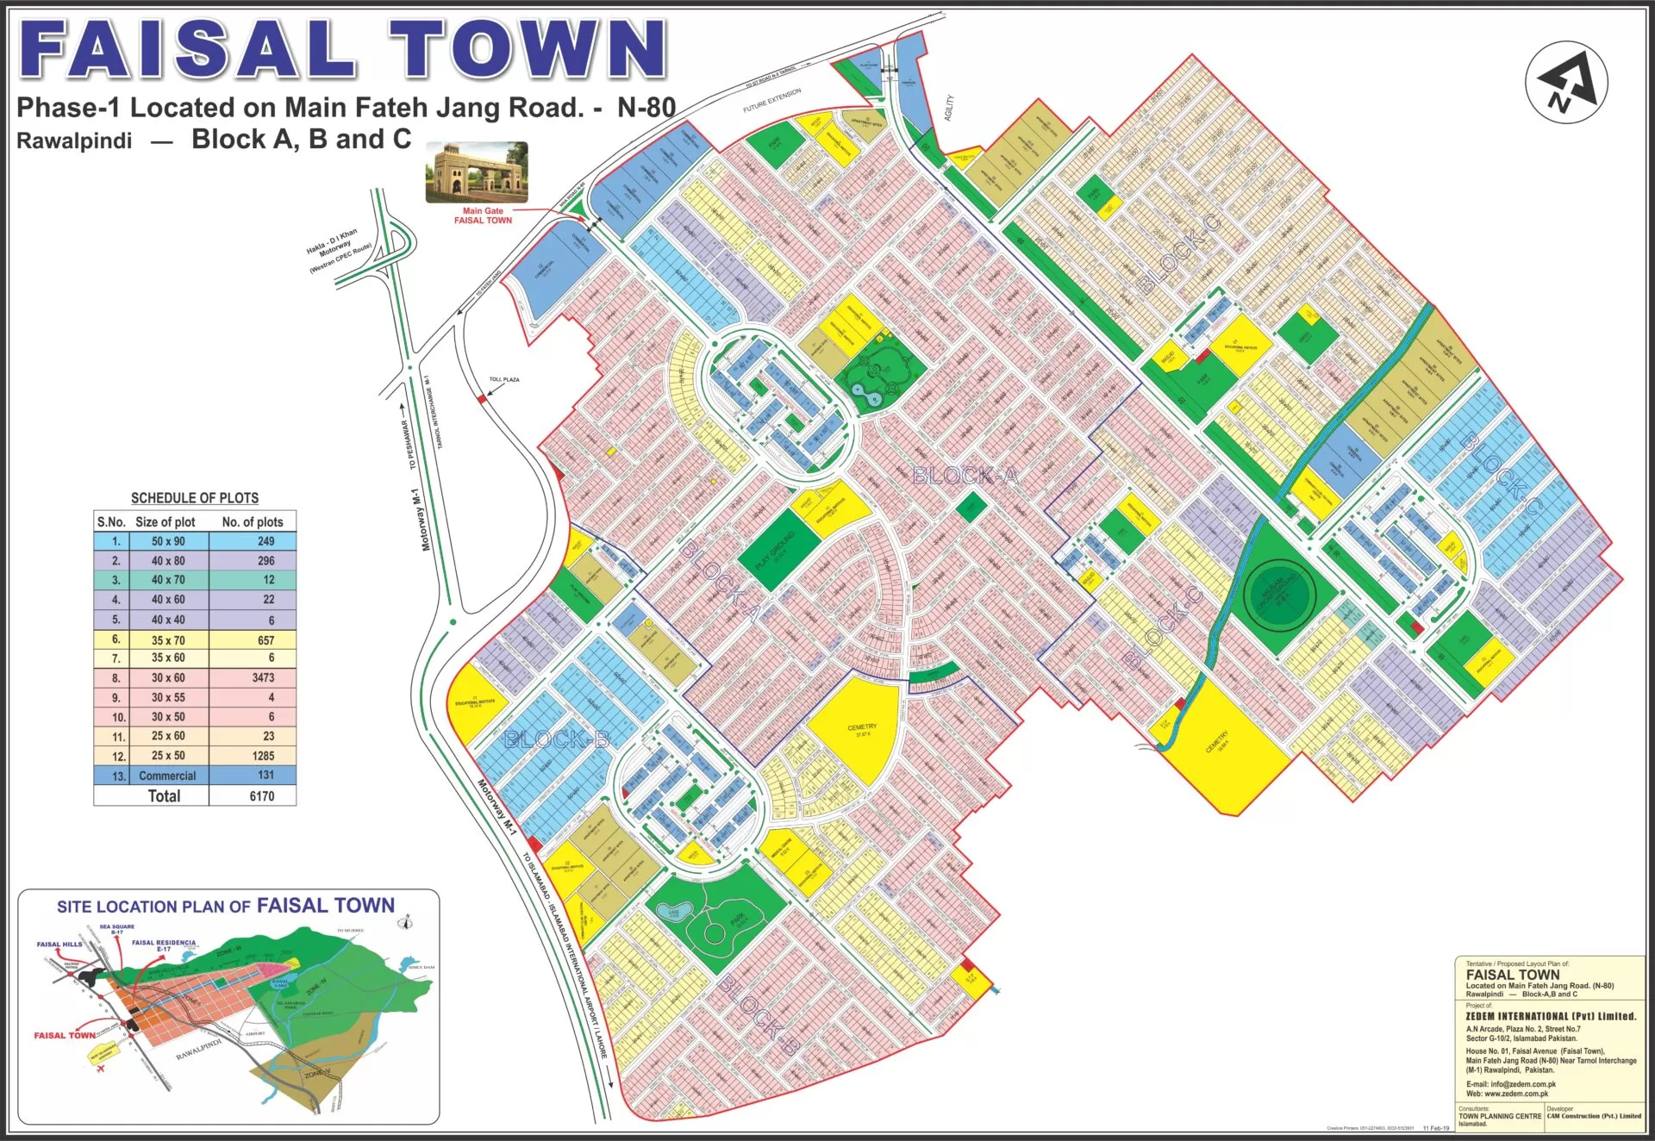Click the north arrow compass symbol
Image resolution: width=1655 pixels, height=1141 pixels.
1566,84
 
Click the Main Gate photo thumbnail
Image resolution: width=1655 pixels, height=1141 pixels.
477,172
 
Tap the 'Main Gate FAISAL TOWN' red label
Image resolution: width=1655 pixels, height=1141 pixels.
483,215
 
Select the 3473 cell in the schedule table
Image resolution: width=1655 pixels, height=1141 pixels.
263,678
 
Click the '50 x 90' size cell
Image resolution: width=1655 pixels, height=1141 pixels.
168,541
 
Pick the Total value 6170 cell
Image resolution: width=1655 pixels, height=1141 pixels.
261,796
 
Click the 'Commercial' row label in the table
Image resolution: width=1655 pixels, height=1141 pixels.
167,776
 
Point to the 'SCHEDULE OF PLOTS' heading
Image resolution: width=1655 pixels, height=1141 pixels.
195,498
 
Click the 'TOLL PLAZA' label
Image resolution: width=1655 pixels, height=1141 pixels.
504,379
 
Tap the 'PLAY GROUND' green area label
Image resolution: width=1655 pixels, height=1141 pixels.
775,551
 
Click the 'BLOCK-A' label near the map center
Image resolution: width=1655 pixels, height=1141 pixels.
965,475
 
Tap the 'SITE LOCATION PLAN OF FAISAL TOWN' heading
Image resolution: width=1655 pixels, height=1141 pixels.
226,906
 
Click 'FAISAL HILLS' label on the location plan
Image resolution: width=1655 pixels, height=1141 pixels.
59,944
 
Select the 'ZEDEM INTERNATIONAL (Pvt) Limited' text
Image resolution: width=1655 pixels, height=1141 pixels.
1550,1016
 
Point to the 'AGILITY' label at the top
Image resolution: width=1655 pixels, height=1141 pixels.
949,108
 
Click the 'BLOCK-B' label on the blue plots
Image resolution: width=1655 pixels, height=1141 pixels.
557,739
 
